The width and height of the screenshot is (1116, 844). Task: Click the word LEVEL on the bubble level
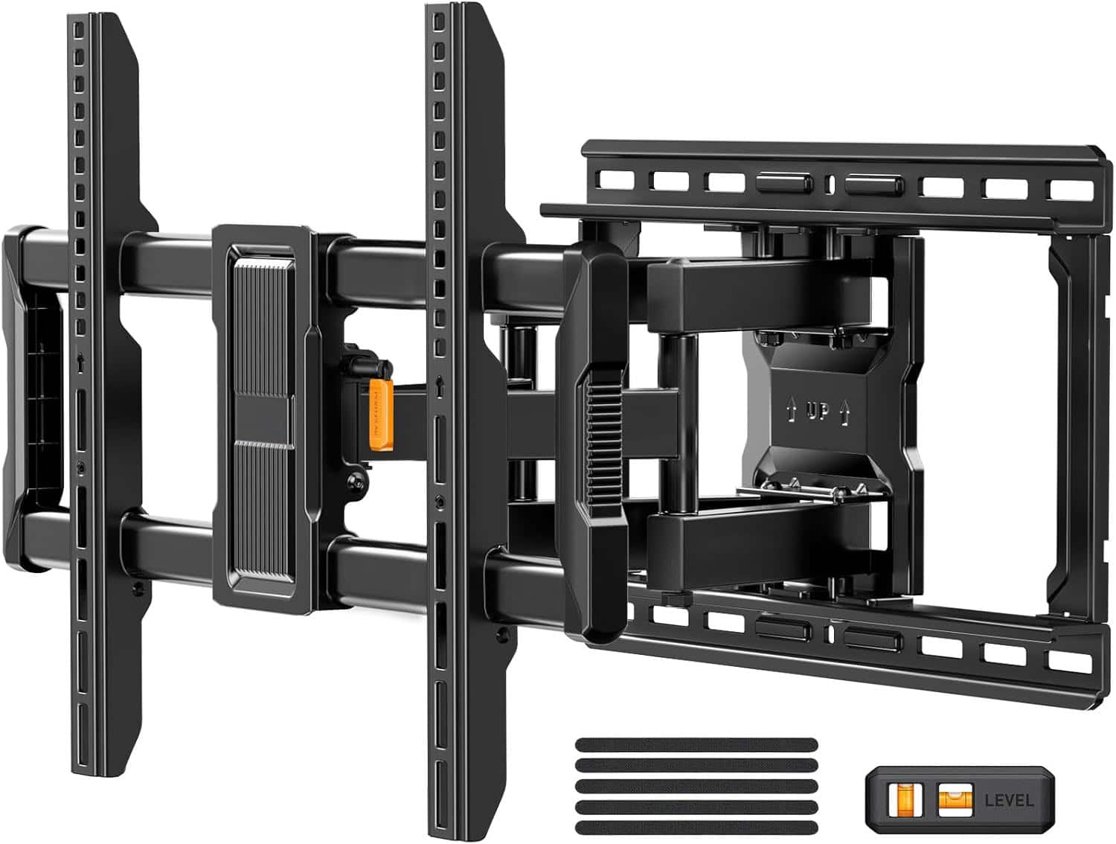[x=1009, y=800]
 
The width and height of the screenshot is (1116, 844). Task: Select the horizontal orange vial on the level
[x=951, y=799]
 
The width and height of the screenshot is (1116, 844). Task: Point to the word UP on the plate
[x=817, y=412]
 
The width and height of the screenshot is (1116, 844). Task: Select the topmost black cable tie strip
[x=696, y=745]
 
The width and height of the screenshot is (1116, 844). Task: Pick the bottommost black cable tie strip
[x=696, y=828]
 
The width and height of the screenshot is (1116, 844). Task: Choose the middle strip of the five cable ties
[x=696, y=787]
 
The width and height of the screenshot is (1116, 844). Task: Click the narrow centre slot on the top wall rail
[x=827, y=183]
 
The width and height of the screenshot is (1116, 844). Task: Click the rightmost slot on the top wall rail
[x=1068, y=189]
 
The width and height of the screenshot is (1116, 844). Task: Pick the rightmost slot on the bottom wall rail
[x=1068, y=659]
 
